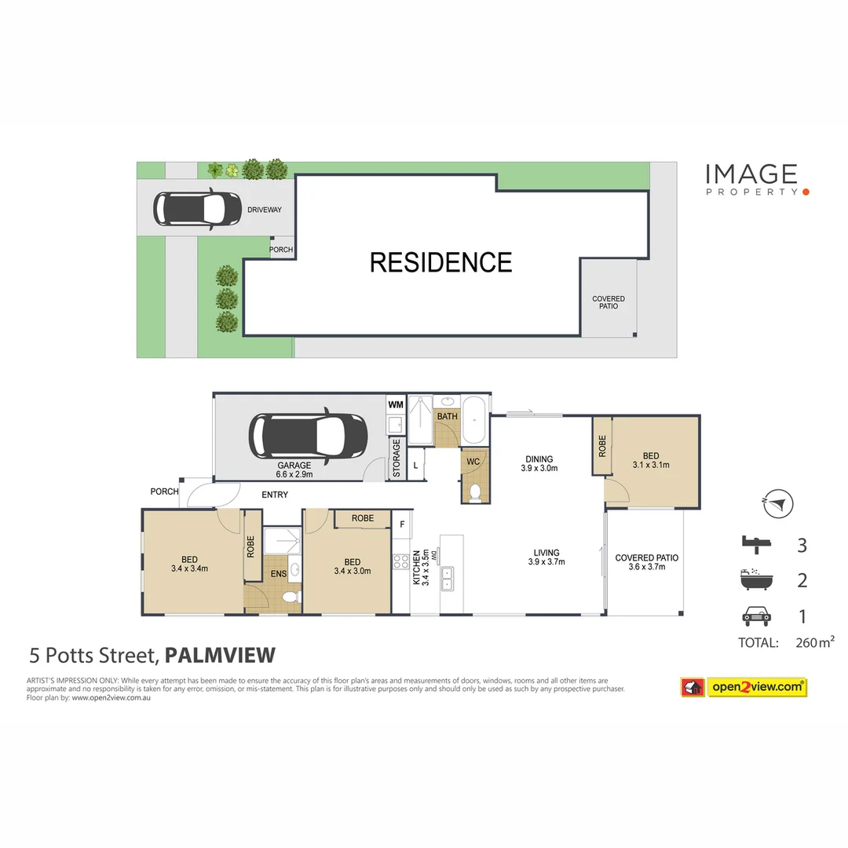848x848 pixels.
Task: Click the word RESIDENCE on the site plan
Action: click(440, 262)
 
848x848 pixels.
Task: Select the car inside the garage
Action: click(308, 437)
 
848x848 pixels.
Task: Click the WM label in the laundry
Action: click(395, 404)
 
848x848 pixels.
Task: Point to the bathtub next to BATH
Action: click(474, 421)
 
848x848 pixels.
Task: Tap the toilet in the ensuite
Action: click(289, 598)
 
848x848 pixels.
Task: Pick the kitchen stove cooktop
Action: click(400, 561)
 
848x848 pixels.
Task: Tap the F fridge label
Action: click(401, 525)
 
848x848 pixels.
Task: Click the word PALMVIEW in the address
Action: click(220, 655)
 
